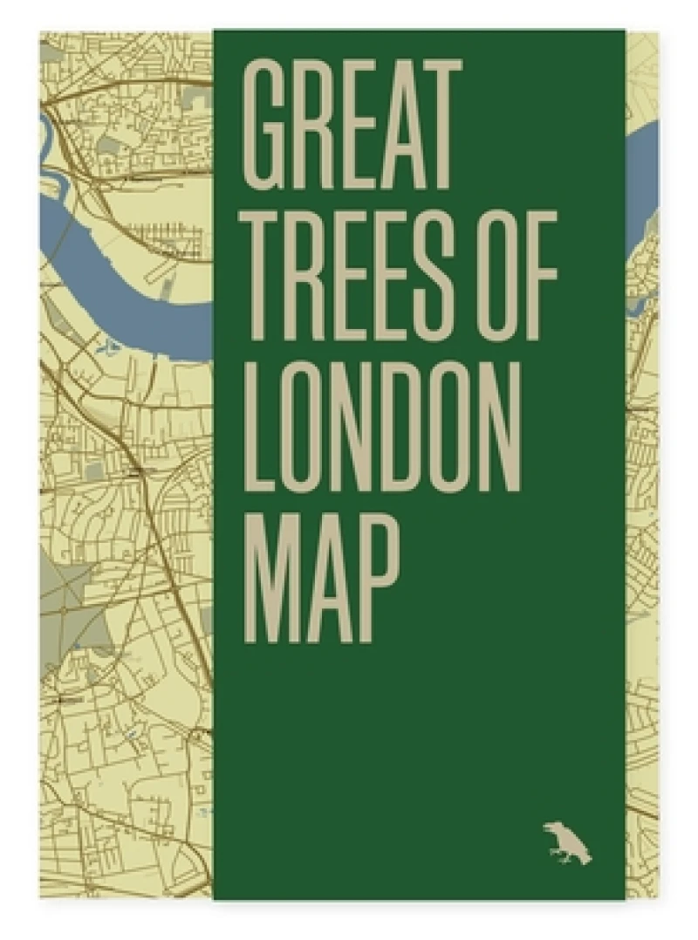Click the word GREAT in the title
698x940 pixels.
coord(351,126)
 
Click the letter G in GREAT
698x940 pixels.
coord(265,126)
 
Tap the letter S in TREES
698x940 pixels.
coord(454,276)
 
